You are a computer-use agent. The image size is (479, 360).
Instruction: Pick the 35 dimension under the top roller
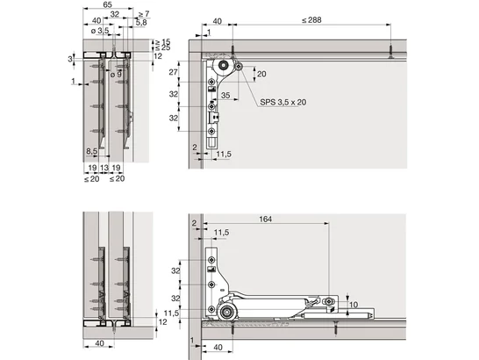click(225, 95)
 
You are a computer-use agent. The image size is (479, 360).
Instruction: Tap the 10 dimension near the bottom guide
click(354, 305)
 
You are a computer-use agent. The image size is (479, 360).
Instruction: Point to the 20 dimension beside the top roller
click(261, 75)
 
